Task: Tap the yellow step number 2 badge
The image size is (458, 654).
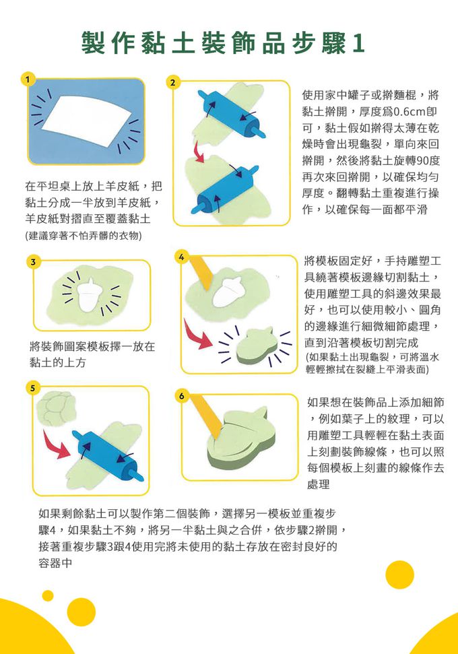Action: click(x=172, y=82)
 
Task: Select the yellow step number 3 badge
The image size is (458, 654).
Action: click(x=34, y=262)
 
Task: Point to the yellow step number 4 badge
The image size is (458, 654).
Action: click(x=181, y=257)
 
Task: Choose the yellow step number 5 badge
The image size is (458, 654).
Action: click(x=33, y=387)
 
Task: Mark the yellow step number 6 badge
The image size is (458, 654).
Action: click(x=181, y=395)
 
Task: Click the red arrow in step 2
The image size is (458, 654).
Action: click(x=199, y=152)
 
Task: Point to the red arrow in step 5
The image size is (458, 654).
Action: click(x=57, y=445)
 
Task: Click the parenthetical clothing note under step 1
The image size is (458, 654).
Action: click(x=84, y=236)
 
